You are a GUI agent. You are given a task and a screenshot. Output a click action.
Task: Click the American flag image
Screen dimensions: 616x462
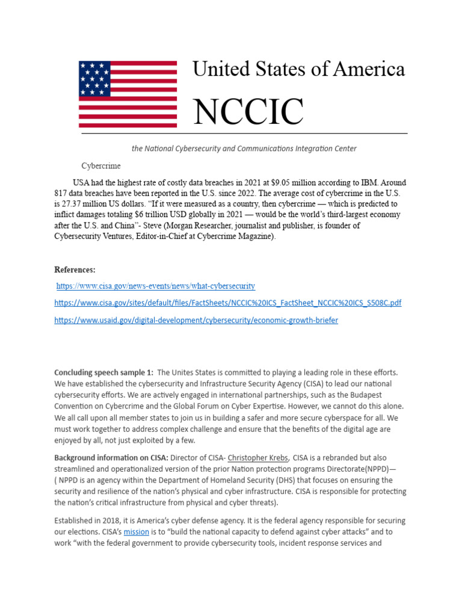[128, 94]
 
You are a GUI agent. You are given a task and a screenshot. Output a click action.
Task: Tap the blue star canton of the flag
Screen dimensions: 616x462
[95, 79]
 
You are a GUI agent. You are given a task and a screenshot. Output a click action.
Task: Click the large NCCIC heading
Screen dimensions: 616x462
[248, 111]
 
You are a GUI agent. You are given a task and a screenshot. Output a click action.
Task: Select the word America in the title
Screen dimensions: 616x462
[371, 69]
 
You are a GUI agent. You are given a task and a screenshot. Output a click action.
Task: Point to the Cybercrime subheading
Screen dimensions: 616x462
[101, 165]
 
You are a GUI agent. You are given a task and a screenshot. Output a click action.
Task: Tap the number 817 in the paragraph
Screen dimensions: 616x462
[63, 192]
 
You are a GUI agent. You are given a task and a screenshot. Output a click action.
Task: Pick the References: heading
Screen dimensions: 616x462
[75, 269]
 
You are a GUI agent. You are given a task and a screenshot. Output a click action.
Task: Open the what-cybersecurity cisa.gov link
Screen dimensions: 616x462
[156, 286]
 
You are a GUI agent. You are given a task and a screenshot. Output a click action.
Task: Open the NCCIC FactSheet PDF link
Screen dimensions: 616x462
[227, 303]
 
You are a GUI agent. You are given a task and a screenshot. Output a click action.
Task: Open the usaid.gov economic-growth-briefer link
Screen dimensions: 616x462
[196, 321]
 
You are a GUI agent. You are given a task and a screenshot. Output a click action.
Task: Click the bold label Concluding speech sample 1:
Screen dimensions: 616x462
[103, 373]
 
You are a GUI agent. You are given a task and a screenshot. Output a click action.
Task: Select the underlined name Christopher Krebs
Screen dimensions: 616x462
[257, 458]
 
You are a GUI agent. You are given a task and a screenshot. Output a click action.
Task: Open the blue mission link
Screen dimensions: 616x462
[135, 532]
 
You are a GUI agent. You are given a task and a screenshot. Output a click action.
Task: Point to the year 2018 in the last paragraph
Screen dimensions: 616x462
[111, 520]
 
